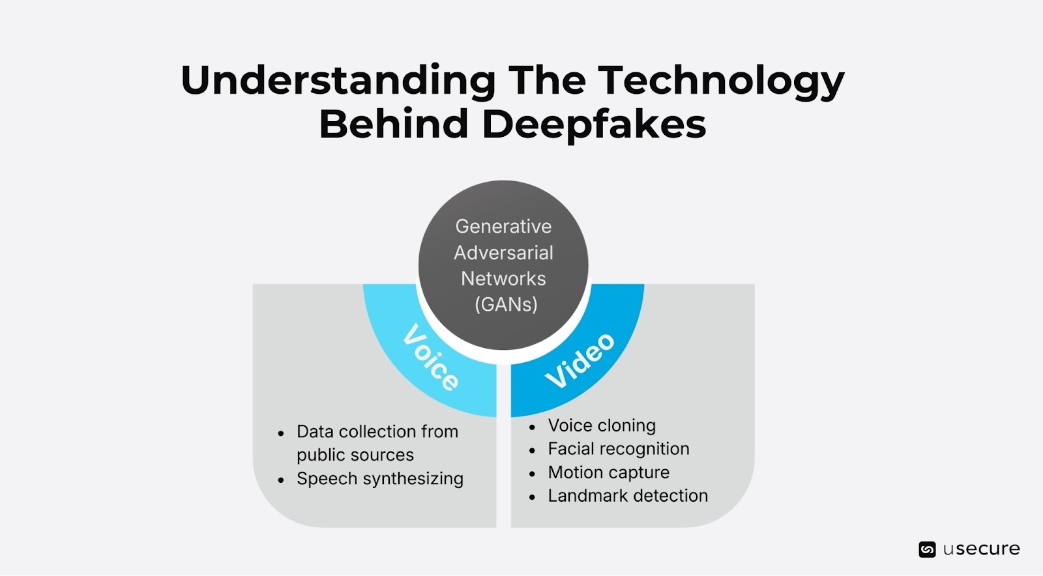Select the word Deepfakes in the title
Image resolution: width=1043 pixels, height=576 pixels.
[594, 124]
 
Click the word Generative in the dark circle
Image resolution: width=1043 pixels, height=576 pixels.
[503, 227]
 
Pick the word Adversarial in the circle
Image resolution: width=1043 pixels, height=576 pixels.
[503, 253]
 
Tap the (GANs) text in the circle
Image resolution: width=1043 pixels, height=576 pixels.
[506, 304]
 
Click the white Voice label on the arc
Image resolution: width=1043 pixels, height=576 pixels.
[431, 357]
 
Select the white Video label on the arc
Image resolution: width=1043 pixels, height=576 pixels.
[580, 360]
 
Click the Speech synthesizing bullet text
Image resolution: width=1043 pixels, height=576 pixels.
[379, 479]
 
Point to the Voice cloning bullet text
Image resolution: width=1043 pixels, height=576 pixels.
[602, 425]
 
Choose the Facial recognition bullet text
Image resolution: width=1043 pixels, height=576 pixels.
[618, 449]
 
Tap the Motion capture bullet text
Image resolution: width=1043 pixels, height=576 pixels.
[608, 472]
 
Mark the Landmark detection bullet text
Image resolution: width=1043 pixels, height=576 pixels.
[627, 496]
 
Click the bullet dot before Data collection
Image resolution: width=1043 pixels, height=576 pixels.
[281, 433]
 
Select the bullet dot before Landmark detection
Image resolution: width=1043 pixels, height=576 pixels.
[533, 497]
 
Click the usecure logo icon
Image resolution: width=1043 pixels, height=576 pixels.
[927, 549]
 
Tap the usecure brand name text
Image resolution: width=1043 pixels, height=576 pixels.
[981, 549]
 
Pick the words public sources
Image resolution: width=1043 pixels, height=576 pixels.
[355, 455]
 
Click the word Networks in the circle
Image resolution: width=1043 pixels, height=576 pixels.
[503, 279]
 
